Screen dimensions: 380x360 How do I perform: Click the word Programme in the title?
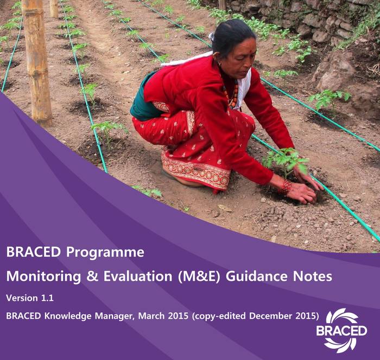pyautogui.click(x=105, y=253)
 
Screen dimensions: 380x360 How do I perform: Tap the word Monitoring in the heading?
pyautogui.click(x=43, y=276)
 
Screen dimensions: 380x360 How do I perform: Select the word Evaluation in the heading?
pyautogui.click(x=138, y=276)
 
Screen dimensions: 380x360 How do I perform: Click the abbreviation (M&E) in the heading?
pyautogui.click(x=199, y=277)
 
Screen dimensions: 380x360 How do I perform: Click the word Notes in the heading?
pyautogui.click(x=312, y=276)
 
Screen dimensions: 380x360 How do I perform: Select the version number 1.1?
pyautogui.click(x=47, y=298)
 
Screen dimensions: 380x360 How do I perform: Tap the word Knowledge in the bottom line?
pyautogui.click(x=68, y=316)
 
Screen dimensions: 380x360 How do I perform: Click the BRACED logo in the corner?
pyautogui.click(x=341, y=331)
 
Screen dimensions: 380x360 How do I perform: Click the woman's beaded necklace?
pyautogui.click(x=231, y=93)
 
